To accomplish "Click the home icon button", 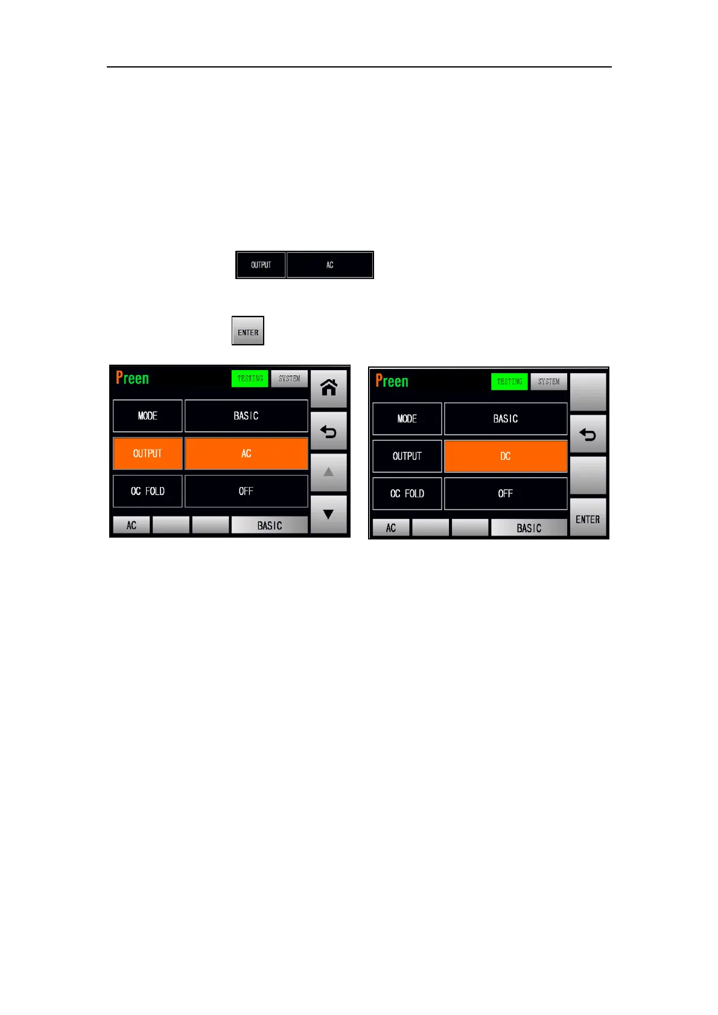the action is tap(329, 388).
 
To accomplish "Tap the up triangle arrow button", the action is tap(329, 472).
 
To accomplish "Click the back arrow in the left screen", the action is tap(329, 432).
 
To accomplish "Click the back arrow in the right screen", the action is tap(588, 434).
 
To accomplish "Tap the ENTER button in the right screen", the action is tap(588, 519).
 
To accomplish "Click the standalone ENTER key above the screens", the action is tap(248, 331).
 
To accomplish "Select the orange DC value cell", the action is tap(506, 456).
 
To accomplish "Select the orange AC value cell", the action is tap(246, 454).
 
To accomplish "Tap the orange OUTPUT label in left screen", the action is tap(148, 454).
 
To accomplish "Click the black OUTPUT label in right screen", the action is tap(407, 456).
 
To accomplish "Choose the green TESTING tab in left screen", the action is tap(250, 379).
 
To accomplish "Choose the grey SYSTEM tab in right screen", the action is tap(548, 382).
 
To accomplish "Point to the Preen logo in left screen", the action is tap(132, 379).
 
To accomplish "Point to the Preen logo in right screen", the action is tap(392, 381).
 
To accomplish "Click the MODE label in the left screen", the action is tap(148, 416).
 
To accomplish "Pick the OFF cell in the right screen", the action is tap(506, 494).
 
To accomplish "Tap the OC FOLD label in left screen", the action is tap(148, 491).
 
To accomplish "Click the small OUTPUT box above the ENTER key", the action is tap(261, 265).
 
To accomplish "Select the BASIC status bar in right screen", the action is tap(529, 528).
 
